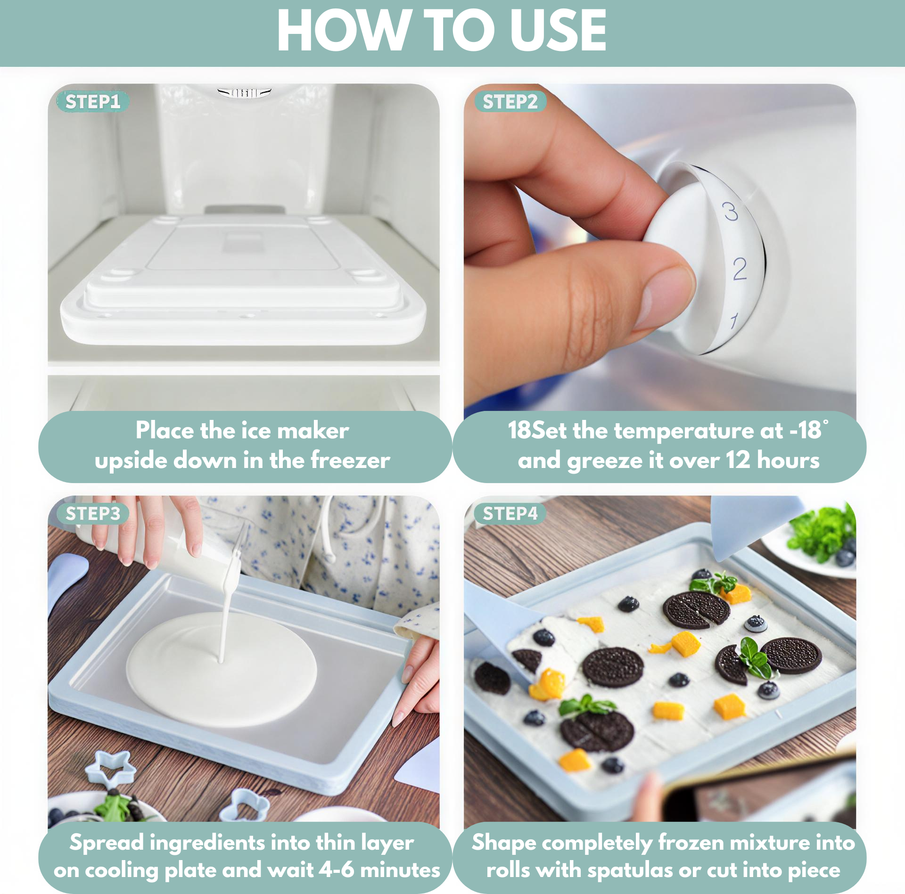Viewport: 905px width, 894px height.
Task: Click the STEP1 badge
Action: tap(93, 101)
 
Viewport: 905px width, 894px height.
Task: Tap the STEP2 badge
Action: tap(510, 101)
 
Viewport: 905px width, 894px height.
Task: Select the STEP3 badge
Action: tap(93, 513)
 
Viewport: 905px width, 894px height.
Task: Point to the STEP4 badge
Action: tap(510, 513)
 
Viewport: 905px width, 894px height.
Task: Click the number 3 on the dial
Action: tap(730, 211)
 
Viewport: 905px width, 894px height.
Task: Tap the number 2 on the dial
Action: tap(740, 269)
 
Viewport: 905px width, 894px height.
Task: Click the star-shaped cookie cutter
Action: tap(111, 769)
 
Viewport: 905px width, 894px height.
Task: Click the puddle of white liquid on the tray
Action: tap(222, 669)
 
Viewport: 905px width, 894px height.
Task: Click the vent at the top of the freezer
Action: tap(245, 92)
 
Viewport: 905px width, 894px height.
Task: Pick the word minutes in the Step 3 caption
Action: tap(400, 870)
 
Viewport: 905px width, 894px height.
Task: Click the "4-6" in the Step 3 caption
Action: tap(337, 870)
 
